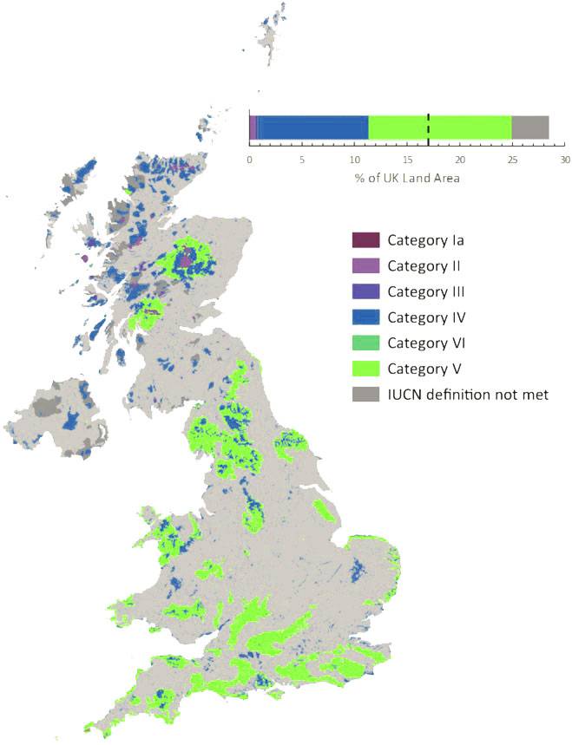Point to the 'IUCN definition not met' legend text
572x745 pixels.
point(468,395)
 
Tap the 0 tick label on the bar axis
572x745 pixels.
point(250,160)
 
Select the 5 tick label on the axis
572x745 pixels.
point(302,160)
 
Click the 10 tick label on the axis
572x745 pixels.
point(355,160)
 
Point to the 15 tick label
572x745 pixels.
point(408,160)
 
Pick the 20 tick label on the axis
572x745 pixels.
point(460,160)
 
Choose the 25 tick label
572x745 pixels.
point(513,160)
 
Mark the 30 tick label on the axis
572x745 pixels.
point(565,160)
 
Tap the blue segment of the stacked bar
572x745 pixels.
point(312,127)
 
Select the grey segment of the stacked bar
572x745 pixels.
point(530,127)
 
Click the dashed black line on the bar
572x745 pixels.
point(428,127)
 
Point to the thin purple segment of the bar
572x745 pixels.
point(253,127)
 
